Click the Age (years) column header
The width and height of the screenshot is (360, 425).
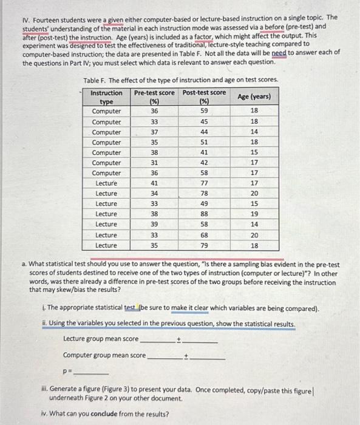(254, 97)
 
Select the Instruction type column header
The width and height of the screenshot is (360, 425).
(106, 97)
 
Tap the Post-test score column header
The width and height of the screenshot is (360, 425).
(205, 97)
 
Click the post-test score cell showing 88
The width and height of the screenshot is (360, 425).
(205, 214)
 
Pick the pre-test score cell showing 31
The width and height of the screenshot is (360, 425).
(154, 163)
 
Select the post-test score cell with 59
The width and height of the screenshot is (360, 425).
(205, 111)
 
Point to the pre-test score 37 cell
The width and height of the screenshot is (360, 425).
(154, 132)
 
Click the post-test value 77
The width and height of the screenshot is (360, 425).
(205, 183)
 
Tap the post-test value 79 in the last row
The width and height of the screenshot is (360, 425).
(205, 245)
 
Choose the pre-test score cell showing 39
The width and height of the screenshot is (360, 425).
(154, 225)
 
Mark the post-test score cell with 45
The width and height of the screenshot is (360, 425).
(205, 121)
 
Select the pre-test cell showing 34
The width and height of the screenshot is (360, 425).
(154, 194)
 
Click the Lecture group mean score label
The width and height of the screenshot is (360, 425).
(100, 339)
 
